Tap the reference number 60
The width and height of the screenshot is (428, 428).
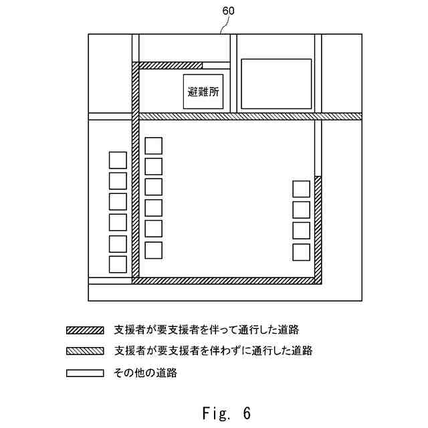tap(228, 11)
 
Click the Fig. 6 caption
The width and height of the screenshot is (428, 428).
tap(226, 413)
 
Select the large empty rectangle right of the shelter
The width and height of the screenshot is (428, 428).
tap(276, 84)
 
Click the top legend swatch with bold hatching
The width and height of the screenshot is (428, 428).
tap(85, 330)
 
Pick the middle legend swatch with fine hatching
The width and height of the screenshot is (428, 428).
tap(85, 350)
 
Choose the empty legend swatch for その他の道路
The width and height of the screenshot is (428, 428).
tap(85, 372)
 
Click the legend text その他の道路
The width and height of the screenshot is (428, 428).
tap(146, 372)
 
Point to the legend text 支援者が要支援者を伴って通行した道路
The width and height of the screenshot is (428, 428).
tap(207, 330)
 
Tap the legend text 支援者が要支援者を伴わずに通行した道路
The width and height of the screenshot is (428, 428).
tap(213, 350)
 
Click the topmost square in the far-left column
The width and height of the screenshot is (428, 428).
tap(118, 160)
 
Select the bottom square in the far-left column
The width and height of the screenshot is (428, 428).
tap(118, 264)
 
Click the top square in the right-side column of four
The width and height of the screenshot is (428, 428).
tap(301, 189)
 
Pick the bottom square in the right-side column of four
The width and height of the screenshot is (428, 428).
tap(301, 252)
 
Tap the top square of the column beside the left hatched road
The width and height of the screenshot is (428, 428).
tap(154, 145)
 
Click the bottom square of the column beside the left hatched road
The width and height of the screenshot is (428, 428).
tap(154, 250)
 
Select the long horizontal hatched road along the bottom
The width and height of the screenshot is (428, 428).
tap(227, 280)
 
